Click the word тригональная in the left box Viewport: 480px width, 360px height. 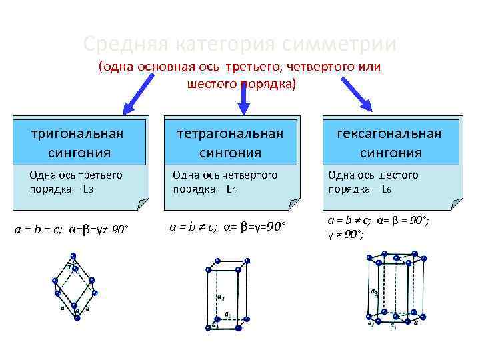[x=78, y=133]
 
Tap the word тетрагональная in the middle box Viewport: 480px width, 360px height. [x=230, y=133]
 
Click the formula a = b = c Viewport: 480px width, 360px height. [x=39, y=231]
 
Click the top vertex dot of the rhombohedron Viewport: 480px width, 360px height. [x=72, y=255]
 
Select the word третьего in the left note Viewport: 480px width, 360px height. [x=105, y=175]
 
